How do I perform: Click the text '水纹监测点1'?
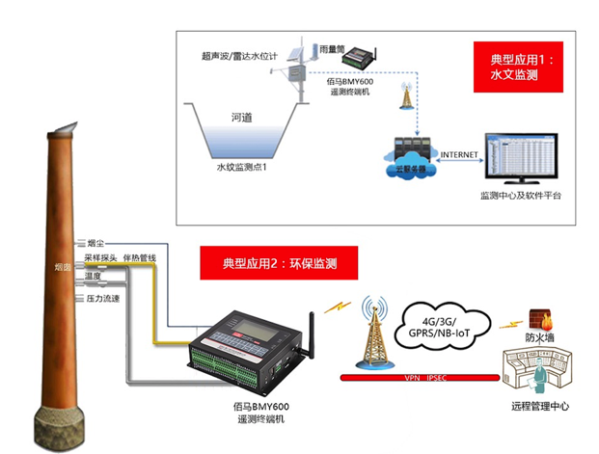[x=240, y=168]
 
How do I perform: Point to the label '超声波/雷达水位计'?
[x=240, y=57]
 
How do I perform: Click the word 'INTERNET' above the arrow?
[x=459, y=154]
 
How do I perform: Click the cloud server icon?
[x=410, y=156]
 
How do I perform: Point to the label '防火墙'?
[x=539, y=338]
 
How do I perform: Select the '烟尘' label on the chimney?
[x=95, y=243]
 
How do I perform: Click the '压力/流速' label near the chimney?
[x=101, y=299]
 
